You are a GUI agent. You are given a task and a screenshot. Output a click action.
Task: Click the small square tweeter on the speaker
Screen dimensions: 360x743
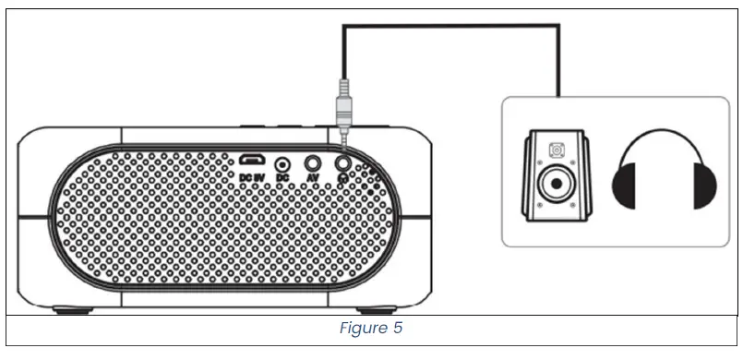click(556, 148)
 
